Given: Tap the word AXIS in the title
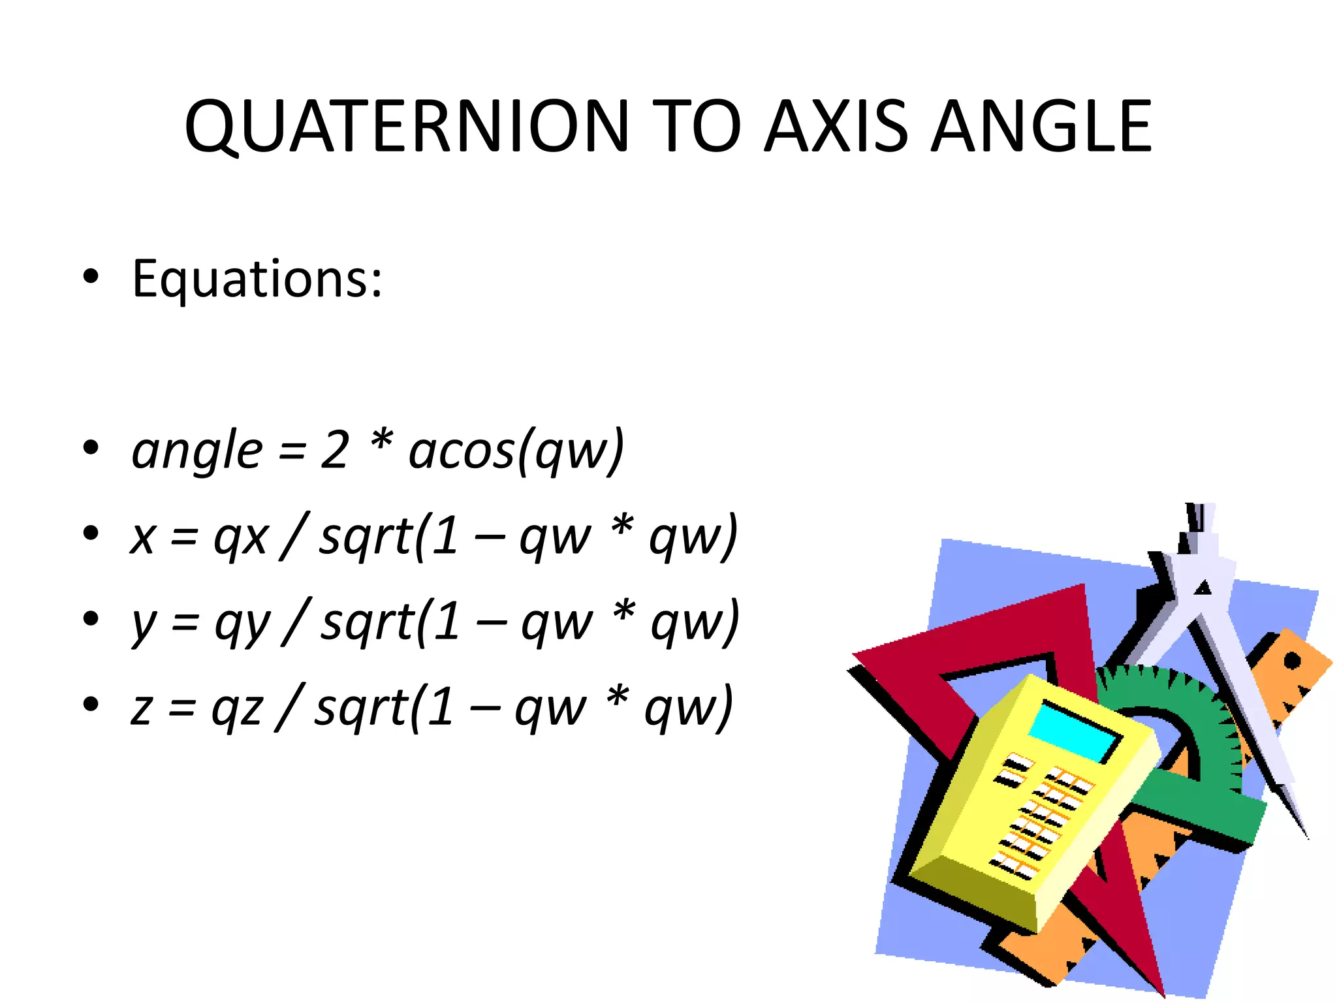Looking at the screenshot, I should [x=835, y=127].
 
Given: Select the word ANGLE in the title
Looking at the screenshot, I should [x=1041, y=127].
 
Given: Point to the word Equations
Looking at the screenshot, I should [x=256, y=279].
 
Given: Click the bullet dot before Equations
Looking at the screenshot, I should [x=91, y=277].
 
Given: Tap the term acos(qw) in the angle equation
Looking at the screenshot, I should [x=516, y=451].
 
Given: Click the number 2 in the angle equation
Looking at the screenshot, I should [x=334, y=450].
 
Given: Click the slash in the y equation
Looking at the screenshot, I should [x=294, y=622].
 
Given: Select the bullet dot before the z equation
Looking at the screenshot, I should [x=91, y=705].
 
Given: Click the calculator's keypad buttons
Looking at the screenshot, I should [x=1041, y=816].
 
